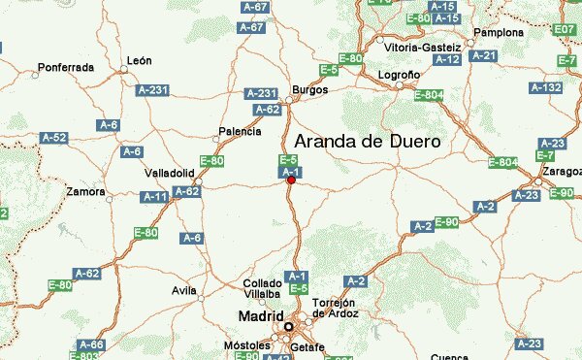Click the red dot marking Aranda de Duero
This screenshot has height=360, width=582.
291,180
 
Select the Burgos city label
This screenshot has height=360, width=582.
310,89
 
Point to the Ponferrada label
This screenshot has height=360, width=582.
65,68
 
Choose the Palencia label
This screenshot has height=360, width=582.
241,131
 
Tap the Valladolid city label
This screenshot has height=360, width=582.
170,173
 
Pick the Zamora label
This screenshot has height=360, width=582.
85,192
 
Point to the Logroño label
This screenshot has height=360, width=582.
399,74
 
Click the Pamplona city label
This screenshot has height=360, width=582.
499,32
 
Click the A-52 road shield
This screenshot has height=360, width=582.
54,139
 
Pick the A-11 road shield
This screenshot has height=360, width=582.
154,197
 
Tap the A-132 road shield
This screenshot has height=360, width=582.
549,88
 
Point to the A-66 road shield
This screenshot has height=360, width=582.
91,344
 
